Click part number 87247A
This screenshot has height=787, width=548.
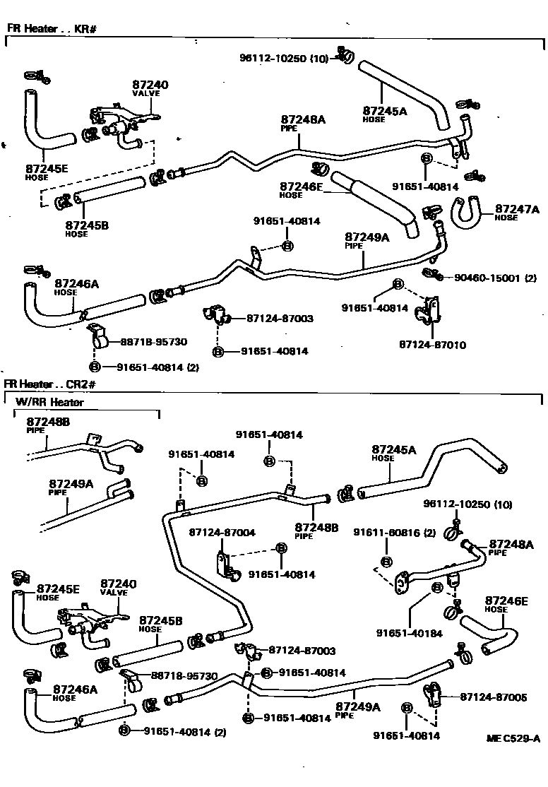516,209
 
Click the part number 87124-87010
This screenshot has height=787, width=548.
432,345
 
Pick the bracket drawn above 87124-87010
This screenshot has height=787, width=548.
428,312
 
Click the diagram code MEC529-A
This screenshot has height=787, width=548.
513,739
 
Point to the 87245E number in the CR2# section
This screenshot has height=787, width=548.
58,588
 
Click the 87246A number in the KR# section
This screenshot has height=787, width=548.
76,284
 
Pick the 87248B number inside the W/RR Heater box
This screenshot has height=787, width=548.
49,422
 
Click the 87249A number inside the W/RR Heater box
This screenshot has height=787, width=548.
71,484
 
